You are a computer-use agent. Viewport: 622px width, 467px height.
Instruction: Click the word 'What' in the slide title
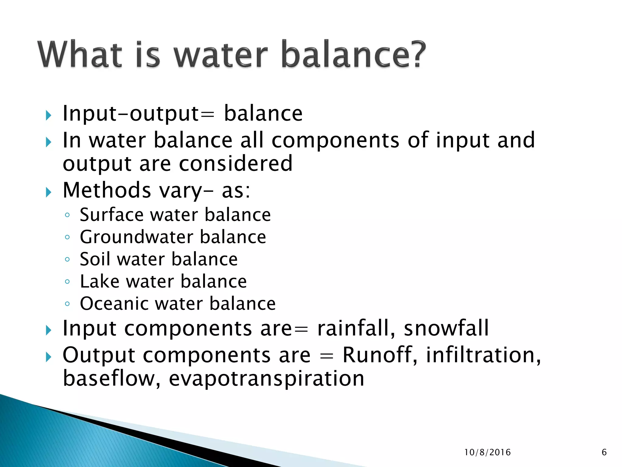click(80, 55)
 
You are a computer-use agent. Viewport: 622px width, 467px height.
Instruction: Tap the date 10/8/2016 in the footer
click(487, 452)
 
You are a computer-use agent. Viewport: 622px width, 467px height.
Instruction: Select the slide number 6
click(604, 452)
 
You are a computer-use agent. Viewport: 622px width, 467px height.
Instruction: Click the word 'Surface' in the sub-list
click(111, 215)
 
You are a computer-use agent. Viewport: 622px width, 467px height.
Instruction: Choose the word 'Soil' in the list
click(94, 259)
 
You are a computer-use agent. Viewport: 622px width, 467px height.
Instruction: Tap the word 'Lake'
click(99, 281)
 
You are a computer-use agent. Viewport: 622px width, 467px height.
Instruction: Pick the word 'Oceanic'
click(114, 303)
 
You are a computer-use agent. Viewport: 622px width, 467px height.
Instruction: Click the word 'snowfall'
click(446, 328)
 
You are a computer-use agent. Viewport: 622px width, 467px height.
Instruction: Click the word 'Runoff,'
click(380, 355)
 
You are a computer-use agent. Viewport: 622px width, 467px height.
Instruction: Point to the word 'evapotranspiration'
click(266, 379)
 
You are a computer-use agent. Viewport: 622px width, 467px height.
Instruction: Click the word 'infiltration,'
click(483, 355)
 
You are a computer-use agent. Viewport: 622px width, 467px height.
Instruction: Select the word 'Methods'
click(107, 190)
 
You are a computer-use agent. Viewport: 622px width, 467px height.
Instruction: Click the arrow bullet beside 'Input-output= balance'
click(49, 116)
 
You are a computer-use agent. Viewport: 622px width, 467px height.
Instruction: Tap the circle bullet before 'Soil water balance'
click(67, 260)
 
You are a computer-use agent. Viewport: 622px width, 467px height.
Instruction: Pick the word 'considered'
click(236, 164)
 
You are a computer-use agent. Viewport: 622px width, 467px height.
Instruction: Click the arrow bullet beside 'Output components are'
click(49, 357)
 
